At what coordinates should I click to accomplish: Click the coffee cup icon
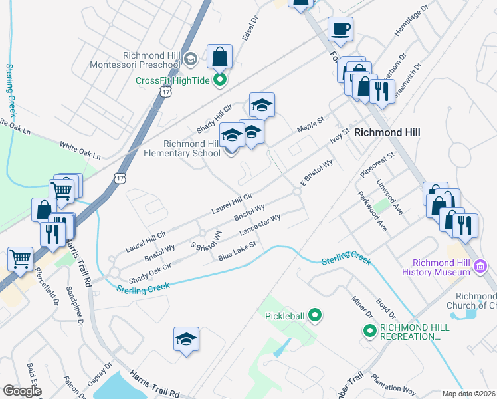point(340,29)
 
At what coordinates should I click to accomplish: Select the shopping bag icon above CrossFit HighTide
point(219,57)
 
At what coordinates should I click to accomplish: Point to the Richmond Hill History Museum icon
point(480,267)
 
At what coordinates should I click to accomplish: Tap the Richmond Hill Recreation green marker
point(370,330)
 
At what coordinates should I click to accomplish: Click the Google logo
point(22,391)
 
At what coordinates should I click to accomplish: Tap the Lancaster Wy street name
point(259,226)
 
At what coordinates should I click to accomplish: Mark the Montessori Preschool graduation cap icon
point(191,59)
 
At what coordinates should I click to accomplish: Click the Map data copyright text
point(468,394)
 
